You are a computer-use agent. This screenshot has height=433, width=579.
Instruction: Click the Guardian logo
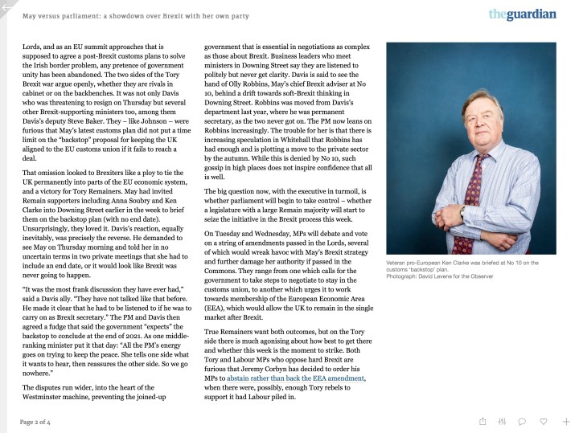(x=522, y=14)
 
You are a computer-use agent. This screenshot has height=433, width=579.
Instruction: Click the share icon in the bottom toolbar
(x=482, y=421)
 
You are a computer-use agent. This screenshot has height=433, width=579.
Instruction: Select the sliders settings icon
(x=503, y=421)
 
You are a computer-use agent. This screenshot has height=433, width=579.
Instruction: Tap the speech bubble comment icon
(x=522, y=421)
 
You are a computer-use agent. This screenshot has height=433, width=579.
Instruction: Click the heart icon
(x=544, y=421)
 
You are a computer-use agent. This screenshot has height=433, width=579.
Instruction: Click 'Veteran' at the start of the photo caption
(x=400, y=263)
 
